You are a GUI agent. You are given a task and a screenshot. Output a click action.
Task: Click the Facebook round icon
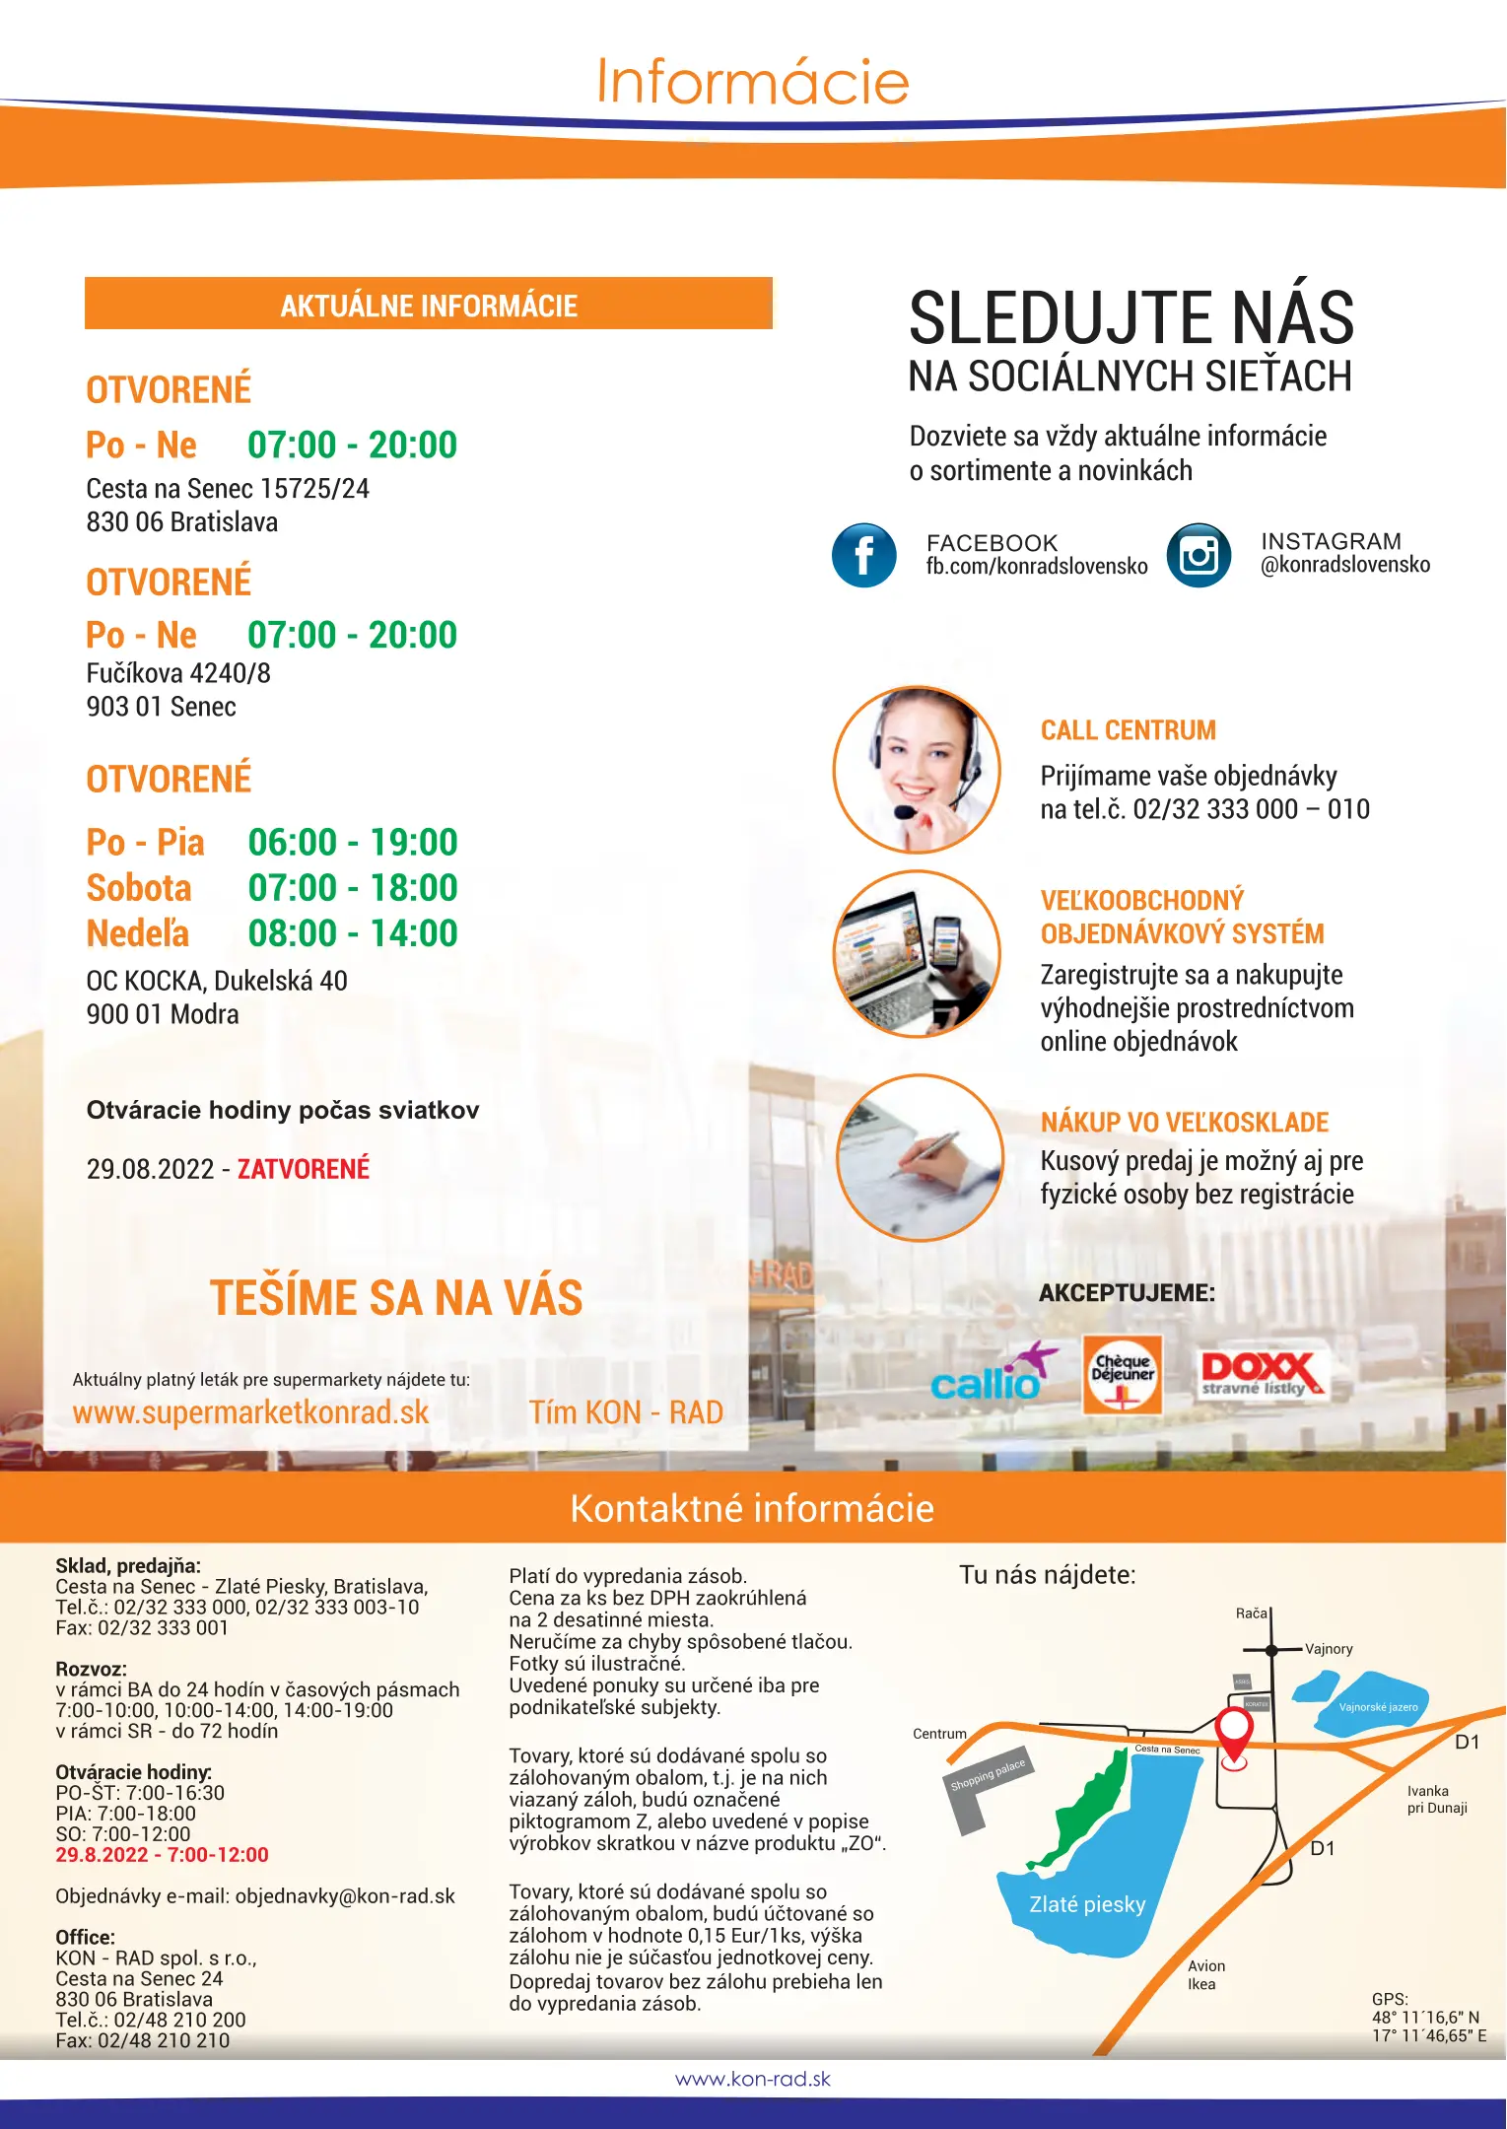click(863, 555)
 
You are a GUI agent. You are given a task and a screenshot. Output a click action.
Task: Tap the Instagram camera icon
click(1199, 555)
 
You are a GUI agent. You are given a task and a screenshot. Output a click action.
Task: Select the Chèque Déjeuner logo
click(1123, 1374)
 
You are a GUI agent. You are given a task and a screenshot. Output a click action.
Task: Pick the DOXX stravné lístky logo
click(1261, 1374)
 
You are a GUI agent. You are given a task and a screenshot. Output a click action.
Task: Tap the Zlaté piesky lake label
click(1087, 1904)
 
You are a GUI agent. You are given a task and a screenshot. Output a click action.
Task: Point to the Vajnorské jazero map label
click(1378, 1707)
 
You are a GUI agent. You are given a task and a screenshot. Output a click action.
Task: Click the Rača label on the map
click(1251, 1614)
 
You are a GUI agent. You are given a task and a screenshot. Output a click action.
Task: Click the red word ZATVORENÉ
click(304, 1169)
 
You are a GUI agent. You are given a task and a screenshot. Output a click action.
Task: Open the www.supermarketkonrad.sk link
click(250, 1412)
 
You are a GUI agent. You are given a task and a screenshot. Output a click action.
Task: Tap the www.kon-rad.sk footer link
click(753, 2079)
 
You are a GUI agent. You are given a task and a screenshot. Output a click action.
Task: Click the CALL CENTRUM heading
click(1128, 730)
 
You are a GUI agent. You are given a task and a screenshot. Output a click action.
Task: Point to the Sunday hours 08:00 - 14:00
click(353, 933)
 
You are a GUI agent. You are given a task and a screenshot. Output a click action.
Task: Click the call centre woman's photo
click(917, 770)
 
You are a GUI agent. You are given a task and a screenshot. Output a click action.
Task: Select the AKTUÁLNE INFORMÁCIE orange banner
click(429, 305)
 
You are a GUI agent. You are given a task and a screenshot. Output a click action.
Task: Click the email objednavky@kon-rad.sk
click(345, 1896)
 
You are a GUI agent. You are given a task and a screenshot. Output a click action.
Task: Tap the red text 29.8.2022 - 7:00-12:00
click(162, 1855)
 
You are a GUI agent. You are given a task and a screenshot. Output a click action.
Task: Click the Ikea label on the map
click(1201, 1984)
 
